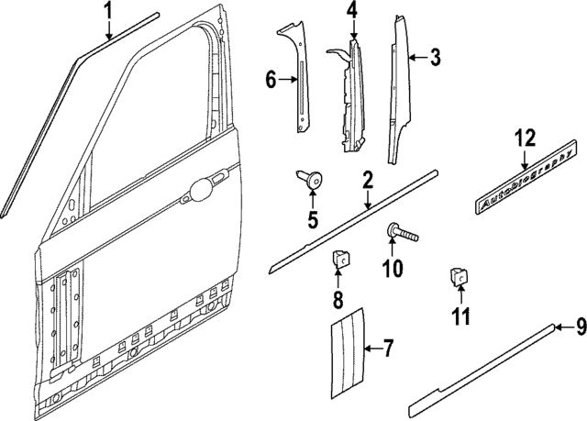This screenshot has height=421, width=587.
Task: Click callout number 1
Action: tap(108, 12)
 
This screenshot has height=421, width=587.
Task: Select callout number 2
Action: tap(367, 181)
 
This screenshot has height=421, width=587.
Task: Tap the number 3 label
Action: tap(435, 58)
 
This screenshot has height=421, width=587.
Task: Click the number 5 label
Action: tap(312, 219)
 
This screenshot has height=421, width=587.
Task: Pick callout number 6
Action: tap(271, 80)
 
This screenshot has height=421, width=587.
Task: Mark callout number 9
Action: tap(580, 327)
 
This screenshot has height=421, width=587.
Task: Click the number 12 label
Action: tap(524, 138)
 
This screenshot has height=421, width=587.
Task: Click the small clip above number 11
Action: tap(457, 276)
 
